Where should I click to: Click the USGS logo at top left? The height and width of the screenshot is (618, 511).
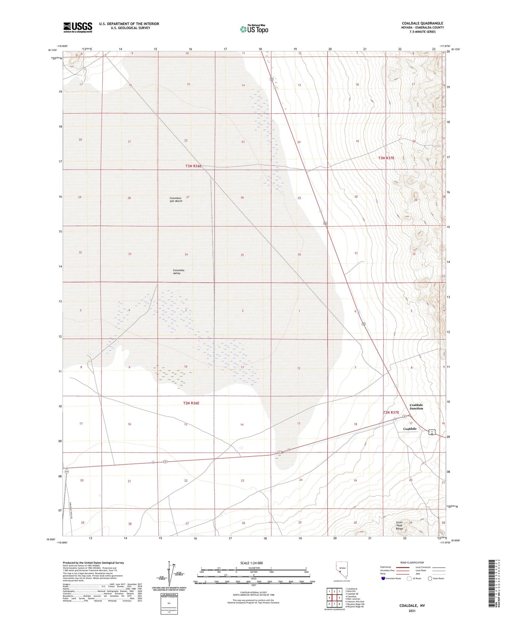[78, 27]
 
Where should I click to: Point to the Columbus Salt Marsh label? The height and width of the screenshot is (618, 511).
[176, 200]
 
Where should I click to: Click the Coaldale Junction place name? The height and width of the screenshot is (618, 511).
[416, 406]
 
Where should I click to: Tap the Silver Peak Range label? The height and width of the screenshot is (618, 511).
[399, 525]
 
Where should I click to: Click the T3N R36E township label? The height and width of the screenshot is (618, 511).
[193, 166]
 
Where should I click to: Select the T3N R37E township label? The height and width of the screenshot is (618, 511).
[386, 158]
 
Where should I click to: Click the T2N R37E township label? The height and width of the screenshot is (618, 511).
[391, 412]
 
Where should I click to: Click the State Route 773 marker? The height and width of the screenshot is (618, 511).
[66, 472]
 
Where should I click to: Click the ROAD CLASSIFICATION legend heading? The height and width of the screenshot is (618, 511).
[412, 562]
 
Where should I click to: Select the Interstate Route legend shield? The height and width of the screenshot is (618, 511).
[384, 578]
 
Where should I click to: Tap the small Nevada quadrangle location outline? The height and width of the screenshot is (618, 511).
[340, 572]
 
